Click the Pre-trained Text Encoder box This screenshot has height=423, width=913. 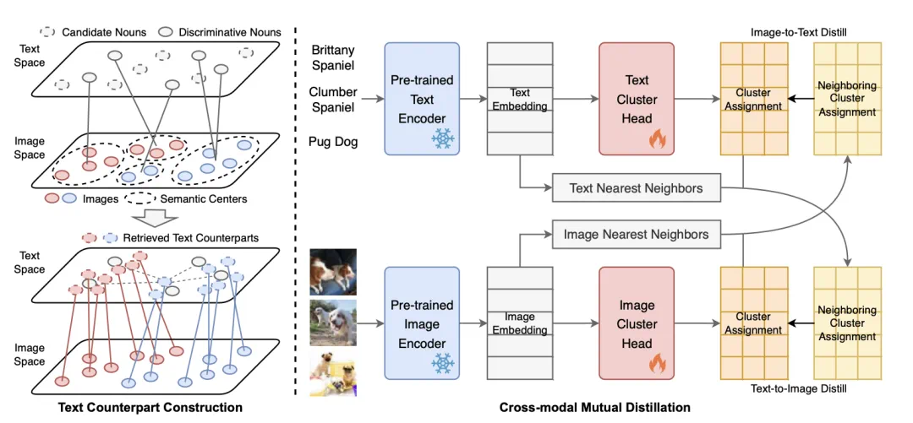click(x=422, y=99)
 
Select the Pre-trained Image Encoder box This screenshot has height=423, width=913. click(x=422, y=323)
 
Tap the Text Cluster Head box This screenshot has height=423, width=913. click(x=637, y=99)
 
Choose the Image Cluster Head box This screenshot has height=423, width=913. click(x=637, y=323)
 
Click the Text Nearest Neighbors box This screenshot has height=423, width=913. click(x=636, y=188)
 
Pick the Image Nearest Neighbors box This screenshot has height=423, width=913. click(x=636, y=234)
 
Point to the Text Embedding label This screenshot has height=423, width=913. click(x=520, y=100)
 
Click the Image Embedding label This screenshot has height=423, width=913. click(x=520, y=323)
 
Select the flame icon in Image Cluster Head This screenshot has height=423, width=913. click(x=657, y=364)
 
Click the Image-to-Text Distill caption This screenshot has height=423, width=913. click(x=799, y=32)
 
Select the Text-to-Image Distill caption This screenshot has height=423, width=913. click(x=799, y=389)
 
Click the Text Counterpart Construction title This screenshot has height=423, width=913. click(x=150, y=407)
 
